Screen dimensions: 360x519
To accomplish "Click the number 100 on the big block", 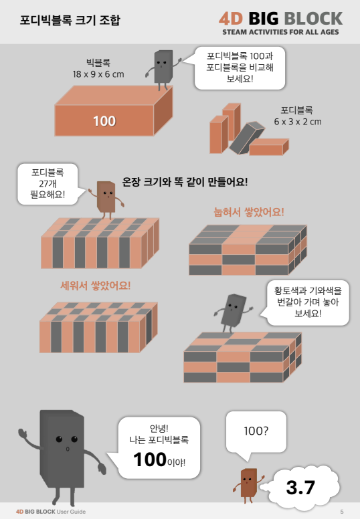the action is [x=104, y=121].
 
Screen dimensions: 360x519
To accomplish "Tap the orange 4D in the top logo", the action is [x=231, y=19].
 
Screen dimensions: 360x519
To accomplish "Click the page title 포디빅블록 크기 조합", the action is [x=70, y=20].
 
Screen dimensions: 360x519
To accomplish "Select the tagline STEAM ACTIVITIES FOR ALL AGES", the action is [x=280, y=32].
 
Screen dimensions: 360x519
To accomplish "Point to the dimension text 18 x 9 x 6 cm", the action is [x=98, y=74].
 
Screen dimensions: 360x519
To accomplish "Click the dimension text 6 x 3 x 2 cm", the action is [x=297, y=122].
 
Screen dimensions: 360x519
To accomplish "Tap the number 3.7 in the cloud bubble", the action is [x=300, y=487].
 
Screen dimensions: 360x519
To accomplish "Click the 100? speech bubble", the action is [x=256, y=432].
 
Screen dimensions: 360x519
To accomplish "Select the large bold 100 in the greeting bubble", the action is [x=150, y=459].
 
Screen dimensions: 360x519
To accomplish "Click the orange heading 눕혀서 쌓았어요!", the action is [x=249, y=212].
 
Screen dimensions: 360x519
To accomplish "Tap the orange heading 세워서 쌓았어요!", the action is [x=96, y=286].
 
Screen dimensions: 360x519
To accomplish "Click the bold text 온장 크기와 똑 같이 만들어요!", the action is [x=185, y=182].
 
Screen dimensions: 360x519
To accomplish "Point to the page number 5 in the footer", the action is [x=342, y=512].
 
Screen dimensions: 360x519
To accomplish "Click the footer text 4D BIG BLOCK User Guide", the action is [x=51, y=512].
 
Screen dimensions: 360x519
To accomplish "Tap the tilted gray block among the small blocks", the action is [x=247, y=138].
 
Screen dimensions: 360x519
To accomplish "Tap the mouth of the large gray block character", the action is [x=68, y=449].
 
